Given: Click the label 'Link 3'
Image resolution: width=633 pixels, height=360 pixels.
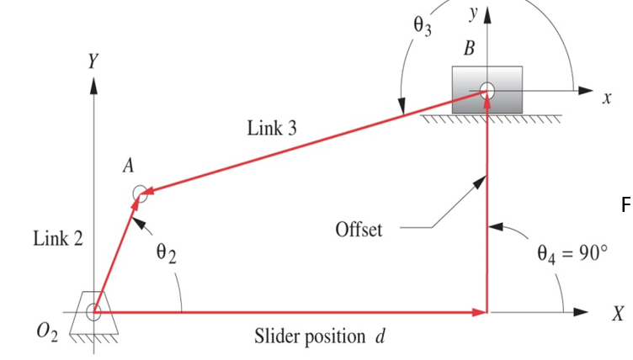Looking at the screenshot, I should [x=271, y=130].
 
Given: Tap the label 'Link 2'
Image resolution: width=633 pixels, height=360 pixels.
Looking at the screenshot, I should [x=58, y=239].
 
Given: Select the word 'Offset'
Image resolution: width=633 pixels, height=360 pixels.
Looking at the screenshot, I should [x=359, y=229].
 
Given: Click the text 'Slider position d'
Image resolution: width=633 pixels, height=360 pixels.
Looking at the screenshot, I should [x=319, y=337].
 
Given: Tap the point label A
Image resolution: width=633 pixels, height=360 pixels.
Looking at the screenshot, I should [x=128, y=166].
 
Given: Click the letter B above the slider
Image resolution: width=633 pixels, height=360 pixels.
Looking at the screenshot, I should [x=468, y=49].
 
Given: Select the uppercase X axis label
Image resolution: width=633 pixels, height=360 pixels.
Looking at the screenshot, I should [x=619, y=315].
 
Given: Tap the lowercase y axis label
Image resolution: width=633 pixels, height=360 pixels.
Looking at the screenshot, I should [x=474, y=12].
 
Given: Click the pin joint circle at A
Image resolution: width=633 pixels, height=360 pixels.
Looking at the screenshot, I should [x=141, y=194].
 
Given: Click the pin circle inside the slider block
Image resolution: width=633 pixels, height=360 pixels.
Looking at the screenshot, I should [x=487, y=90].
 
